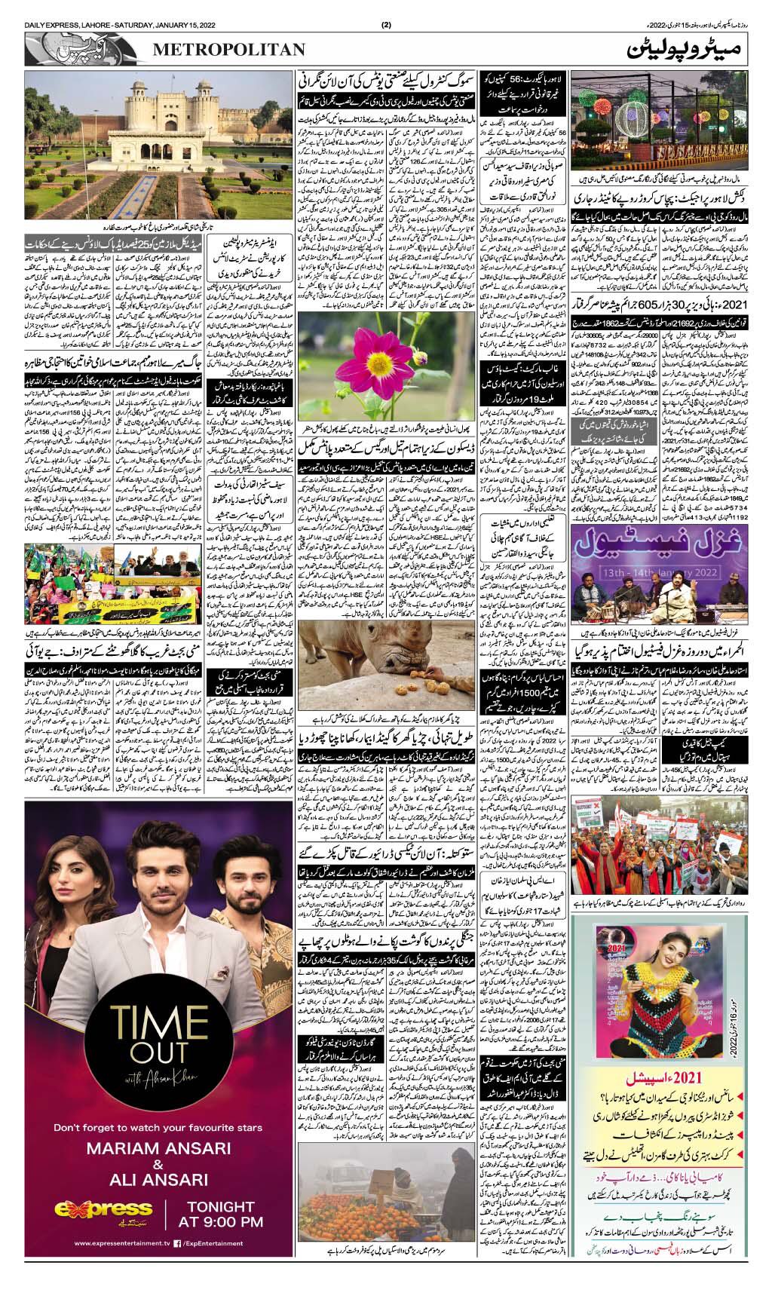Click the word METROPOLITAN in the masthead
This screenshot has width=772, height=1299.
pyautogui.click(x=230, y=49)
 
